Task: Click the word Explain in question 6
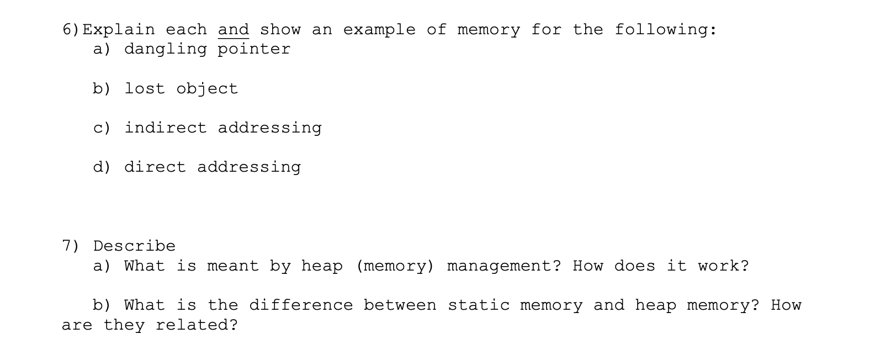(x=119, y=30)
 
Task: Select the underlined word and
(x=234, y=30)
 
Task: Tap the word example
(x=379, y=29)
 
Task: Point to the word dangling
(x=166, y=50)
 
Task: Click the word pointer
(x=254, y=50)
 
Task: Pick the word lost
(x=145, y=88)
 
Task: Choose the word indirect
(x=166, y=128)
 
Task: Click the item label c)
(x=102, y=128)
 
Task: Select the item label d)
(x=102, y=167)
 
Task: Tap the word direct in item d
(x=155, y=167)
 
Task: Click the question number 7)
(x=70, y=246)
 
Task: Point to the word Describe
(x=134, y=246)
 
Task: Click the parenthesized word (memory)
(x=395, y=266)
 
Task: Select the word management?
(x=504, y=266)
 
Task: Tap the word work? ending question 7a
(x=724, y=266)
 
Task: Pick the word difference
(x=301, y=305)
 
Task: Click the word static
(x=479, y=305)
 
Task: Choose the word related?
(x=197, y=325)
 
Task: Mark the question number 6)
(x=71, y=30)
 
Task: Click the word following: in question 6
(x=666, y=30)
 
